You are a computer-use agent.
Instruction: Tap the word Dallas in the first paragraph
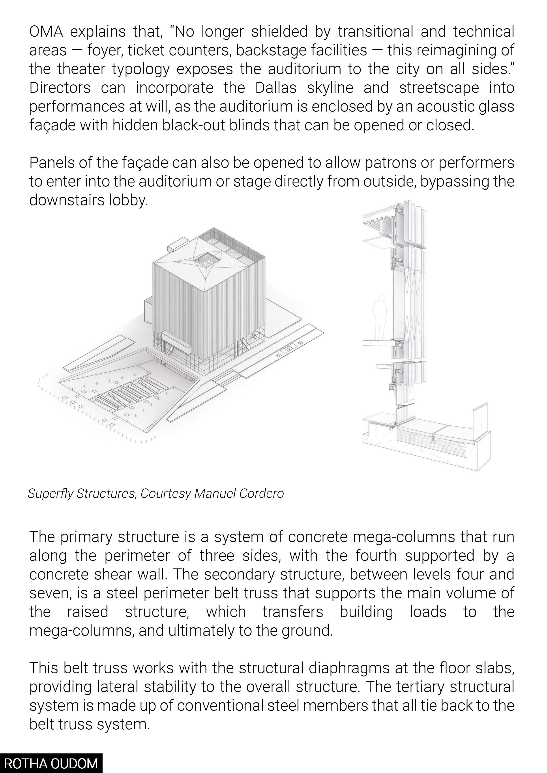(x=275, y=88)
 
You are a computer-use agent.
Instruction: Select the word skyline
(x=330, y=88)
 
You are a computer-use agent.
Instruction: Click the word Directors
(x=60, y=88)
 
